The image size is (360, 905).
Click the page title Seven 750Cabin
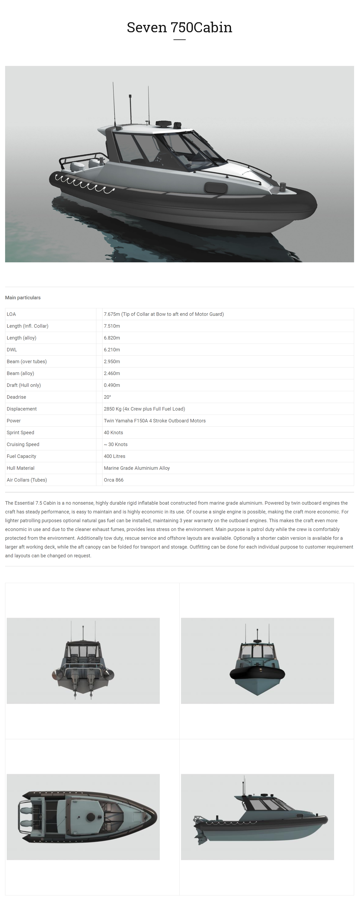179,27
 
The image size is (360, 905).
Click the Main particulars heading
23,298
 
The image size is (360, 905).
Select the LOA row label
11,314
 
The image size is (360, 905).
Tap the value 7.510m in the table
112,326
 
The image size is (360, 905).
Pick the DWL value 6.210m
112,350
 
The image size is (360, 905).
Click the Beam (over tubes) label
27,362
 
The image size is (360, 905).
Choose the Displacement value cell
144,409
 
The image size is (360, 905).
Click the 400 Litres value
114,456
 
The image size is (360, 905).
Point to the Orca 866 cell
113,480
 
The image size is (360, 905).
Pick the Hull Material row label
20,468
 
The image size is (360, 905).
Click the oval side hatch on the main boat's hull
216,188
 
